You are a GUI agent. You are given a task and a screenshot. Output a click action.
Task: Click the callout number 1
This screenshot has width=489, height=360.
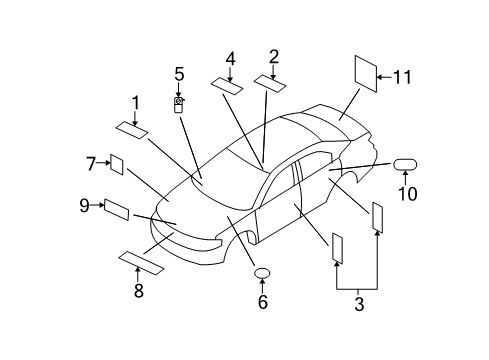pos(135,102)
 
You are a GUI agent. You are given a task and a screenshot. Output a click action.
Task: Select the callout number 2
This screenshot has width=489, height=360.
pos(273,57)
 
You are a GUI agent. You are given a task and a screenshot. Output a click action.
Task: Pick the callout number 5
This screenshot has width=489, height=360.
pos(179,74)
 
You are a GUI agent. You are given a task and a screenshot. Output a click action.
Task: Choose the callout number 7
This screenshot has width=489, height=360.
pos(90,161)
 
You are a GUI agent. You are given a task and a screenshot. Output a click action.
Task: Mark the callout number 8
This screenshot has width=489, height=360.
pos(138,291)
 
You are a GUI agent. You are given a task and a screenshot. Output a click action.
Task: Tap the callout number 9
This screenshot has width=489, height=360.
pos(84,205)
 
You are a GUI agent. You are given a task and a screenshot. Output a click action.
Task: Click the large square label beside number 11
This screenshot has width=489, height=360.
pos(365,75)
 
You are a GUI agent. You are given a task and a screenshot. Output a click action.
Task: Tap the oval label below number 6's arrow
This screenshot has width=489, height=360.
pos(263,273)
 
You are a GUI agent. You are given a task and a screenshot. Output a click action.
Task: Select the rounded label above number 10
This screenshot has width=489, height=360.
pos(406,163)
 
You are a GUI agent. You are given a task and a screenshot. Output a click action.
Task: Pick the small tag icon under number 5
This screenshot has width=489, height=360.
pos(179,103)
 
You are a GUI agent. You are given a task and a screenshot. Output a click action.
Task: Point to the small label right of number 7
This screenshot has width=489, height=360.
pos(116,165)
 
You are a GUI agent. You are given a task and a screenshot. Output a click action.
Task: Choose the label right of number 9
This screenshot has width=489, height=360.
pos(117,209)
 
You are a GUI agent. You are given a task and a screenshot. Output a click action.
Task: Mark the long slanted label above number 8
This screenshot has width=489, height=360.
pos(143,262)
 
